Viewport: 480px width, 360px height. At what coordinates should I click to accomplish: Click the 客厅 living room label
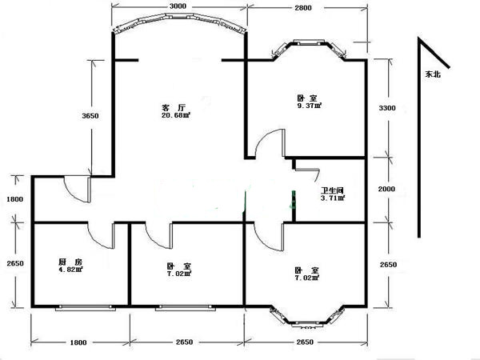[174, 108]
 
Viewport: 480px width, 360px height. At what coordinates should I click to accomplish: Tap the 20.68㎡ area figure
[176, 115]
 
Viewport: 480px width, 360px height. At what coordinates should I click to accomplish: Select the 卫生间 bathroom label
[332, 190]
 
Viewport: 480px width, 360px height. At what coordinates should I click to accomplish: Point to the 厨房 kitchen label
[70, 262]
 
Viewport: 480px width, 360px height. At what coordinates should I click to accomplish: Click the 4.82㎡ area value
[70, 270]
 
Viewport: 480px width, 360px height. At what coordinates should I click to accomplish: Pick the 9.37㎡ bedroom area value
[309, 106]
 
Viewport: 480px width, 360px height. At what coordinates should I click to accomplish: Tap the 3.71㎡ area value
[333, 198]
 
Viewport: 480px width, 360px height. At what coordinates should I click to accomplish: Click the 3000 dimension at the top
[178, 6]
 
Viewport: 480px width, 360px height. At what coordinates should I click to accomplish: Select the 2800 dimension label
[303, 8]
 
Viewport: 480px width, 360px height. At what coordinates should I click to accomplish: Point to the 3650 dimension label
[90, 116]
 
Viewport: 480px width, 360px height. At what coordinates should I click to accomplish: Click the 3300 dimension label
[387, 108]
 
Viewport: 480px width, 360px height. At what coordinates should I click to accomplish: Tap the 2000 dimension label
[386, 189]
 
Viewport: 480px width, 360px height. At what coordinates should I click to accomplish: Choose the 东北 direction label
[433, 74]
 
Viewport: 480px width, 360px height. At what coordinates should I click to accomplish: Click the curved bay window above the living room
[179, 18]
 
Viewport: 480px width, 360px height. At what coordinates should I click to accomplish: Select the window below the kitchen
[86, 308]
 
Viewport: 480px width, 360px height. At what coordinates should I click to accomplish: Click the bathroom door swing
[309, 170]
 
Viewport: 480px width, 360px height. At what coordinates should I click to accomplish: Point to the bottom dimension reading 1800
[78, 342]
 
